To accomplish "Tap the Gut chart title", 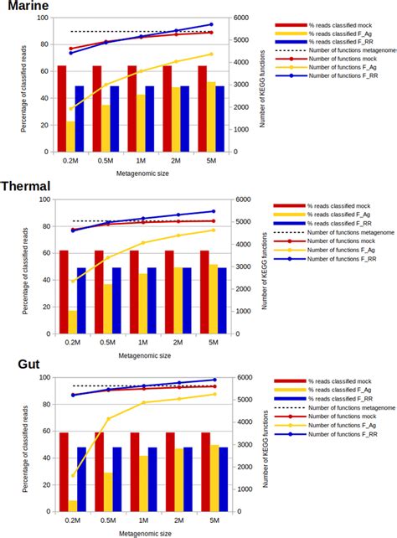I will (18, 365).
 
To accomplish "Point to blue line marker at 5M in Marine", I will (210, 25).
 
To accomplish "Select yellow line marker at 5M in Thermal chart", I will (212, 230).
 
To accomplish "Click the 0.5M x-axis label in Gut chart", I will (106, 522).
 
